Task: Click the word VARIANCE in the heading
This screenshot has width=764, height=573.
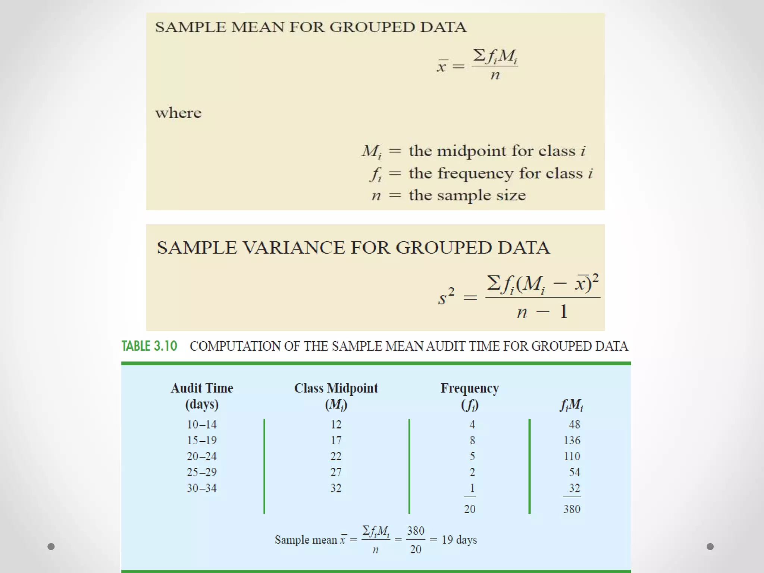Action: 294,248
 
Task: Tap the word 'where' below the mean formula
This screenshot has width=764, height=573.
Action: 178,113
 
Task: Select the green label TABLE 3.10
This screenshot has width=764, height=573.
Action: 149,346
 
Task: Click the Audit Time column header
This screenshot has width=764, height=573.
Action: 202,396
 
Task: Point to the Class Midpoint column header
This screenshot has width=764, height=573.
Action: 336,396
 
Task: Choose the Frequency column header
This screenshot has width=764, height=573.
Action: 470,396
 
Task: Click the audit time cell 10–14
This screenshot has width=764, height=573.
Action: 202,425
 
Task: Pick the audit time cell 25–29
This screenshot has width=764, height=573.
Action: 202,472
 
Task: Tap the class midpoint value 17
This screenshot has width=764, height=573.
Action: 336,441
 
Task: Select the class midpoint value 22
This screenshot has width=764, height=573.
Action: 336,456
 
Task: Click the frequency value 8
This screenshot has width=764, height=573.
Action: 472,441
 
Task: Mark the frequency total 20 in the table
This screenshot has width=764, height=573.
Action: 470,509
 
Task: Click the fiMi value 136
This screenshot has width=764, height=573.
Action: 572,441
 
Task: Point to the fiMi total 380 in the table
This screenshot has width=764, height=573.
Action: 572,509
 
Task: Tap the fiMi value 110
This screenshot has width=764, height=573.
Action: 572,456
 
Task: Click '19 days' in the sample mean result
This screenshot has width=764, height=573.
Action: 459,540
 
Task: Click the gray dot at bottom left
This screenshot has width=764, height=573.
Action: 51,547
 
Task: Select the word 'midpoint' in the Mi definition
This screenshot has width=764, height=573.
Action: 471,151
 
